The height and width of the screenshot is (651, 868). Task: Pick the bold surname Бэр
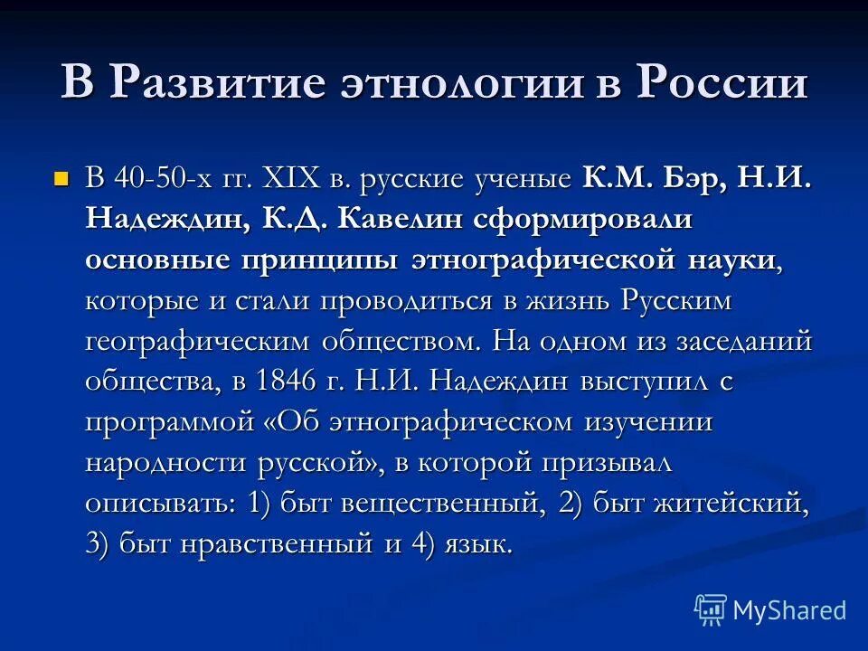tap(694, 177)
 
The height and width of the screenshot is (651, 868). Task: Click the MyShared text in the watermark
tap(789, 610)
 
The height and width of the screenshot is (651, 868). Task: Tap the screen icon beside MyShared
tap(711, 609)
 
